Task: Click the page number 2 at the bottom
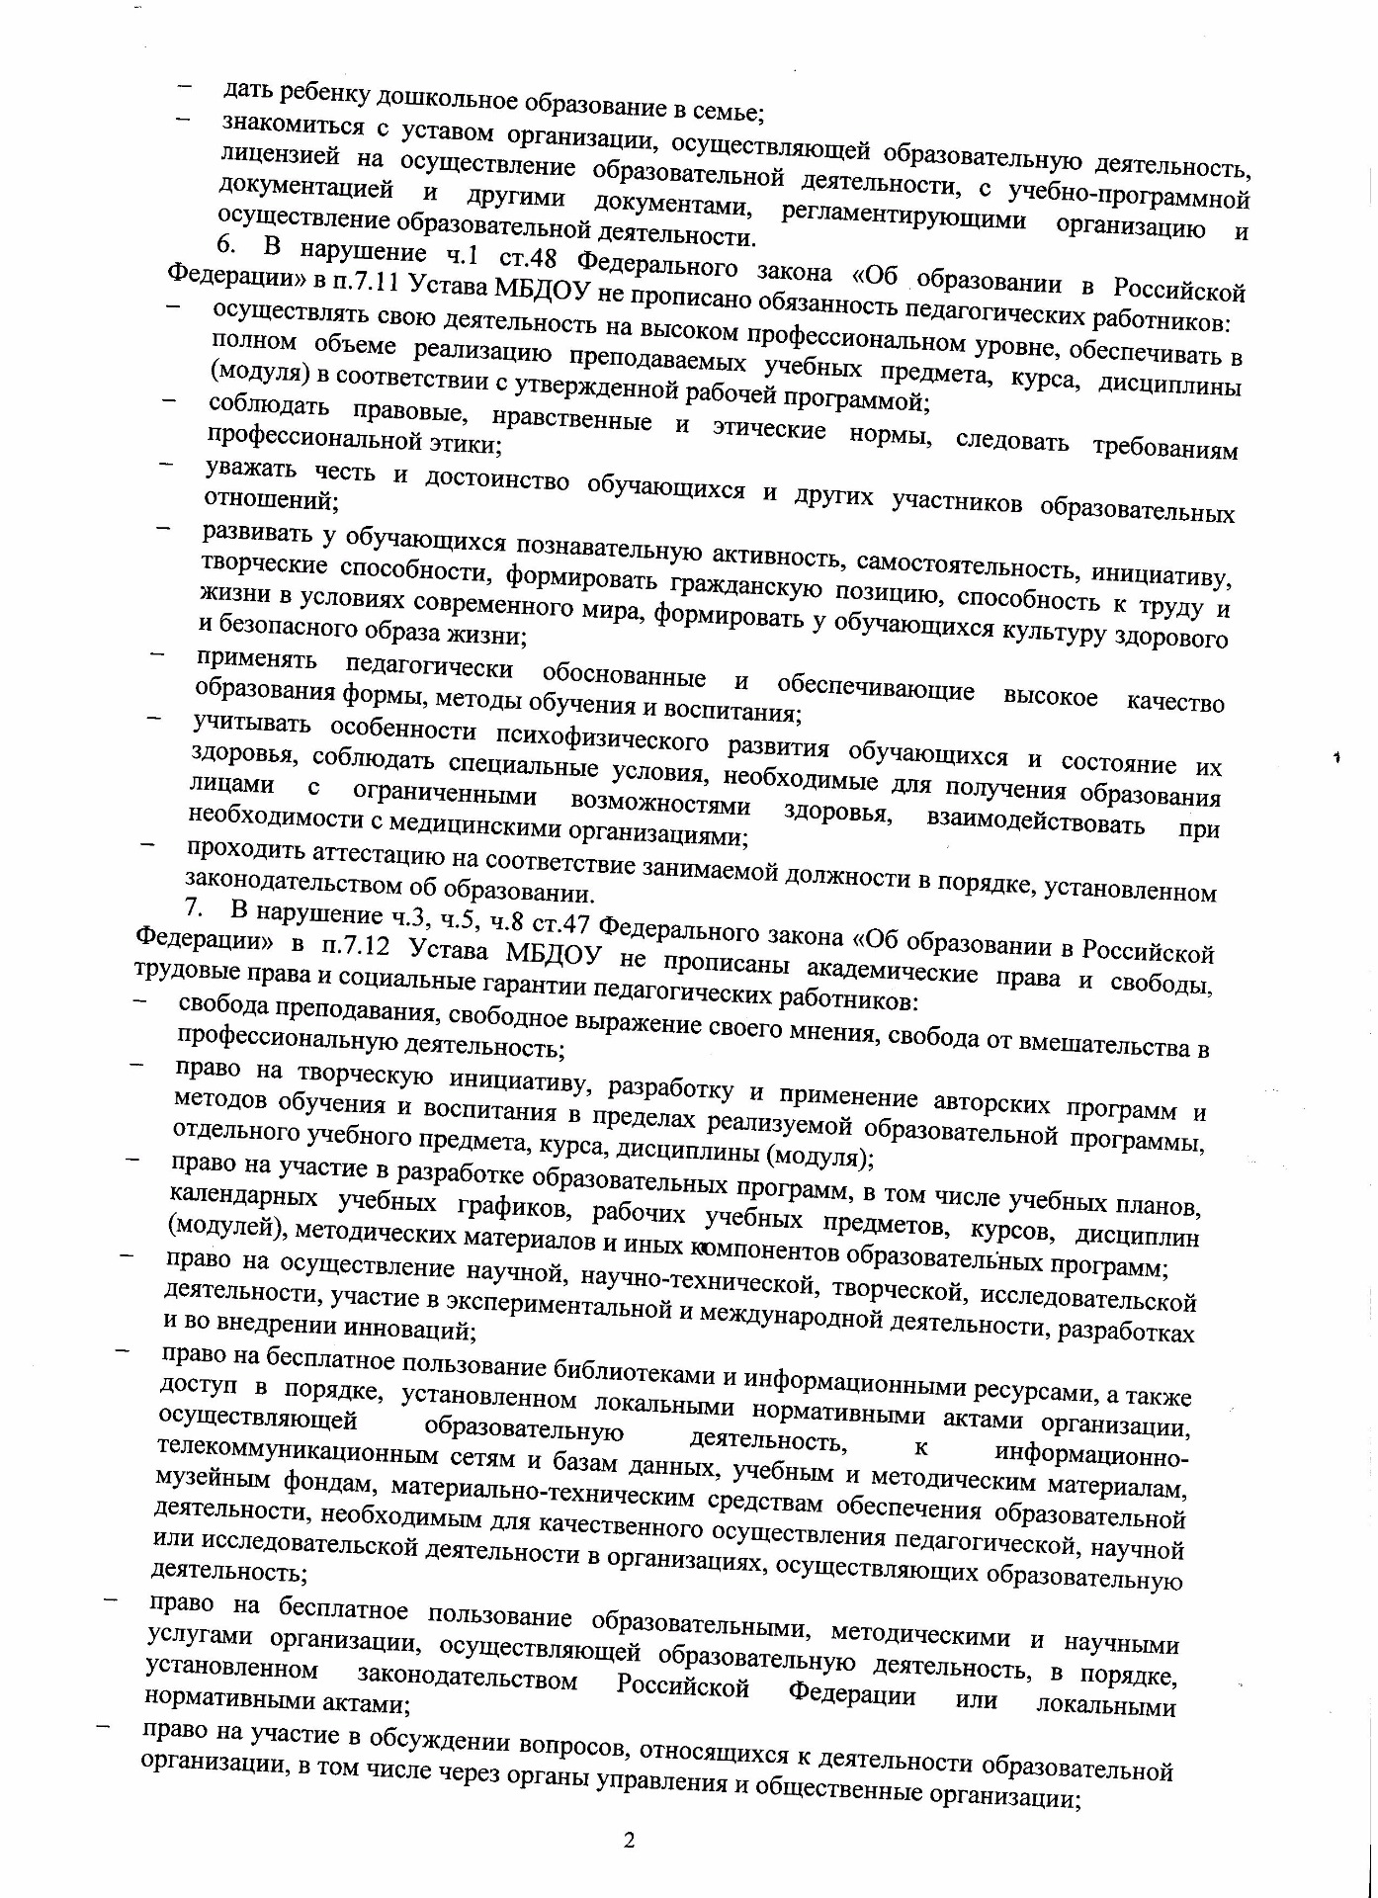coord(629,1840)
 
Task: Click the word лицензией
coord(283,157)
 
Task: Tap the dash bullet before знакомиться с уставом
coord(183,120)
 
